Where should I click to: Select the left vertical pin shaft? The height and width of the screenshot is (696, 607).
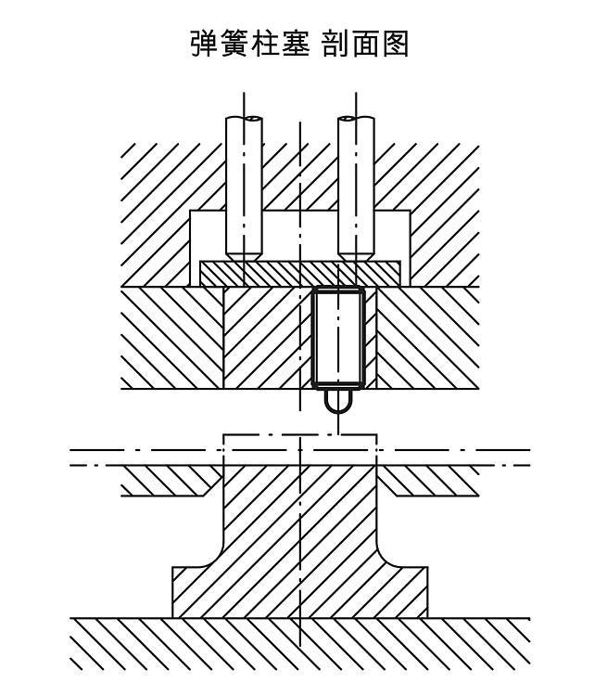243,186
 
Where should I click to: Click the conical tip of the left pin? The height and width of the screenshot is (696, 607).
243,252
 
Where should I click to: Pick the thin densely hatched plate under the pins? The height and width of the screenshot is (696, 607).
300,273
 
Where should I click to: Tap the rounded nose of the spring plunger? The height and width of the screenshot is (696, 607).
338,403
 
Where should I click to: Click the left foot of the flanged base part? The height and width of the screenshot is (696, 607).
190,594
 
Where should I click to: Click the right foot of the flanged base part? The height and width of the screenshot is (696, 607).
411,594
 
